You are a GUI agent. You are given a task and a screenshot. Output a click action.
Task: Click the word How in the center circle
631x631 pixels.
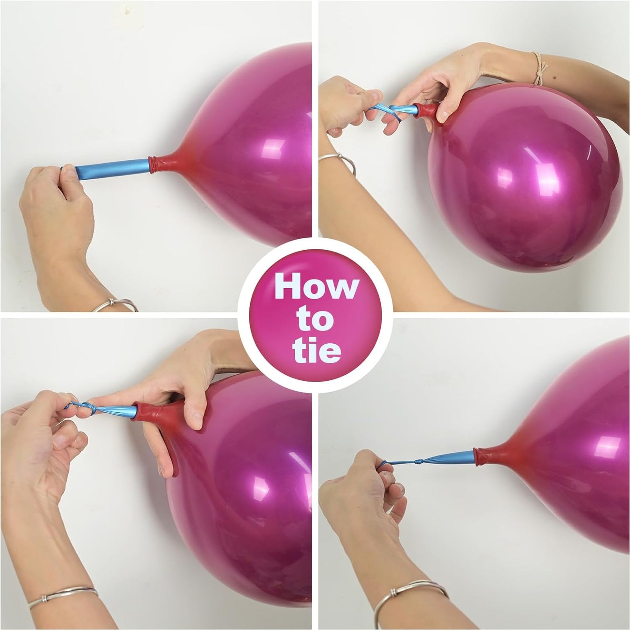coord(316,289)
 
